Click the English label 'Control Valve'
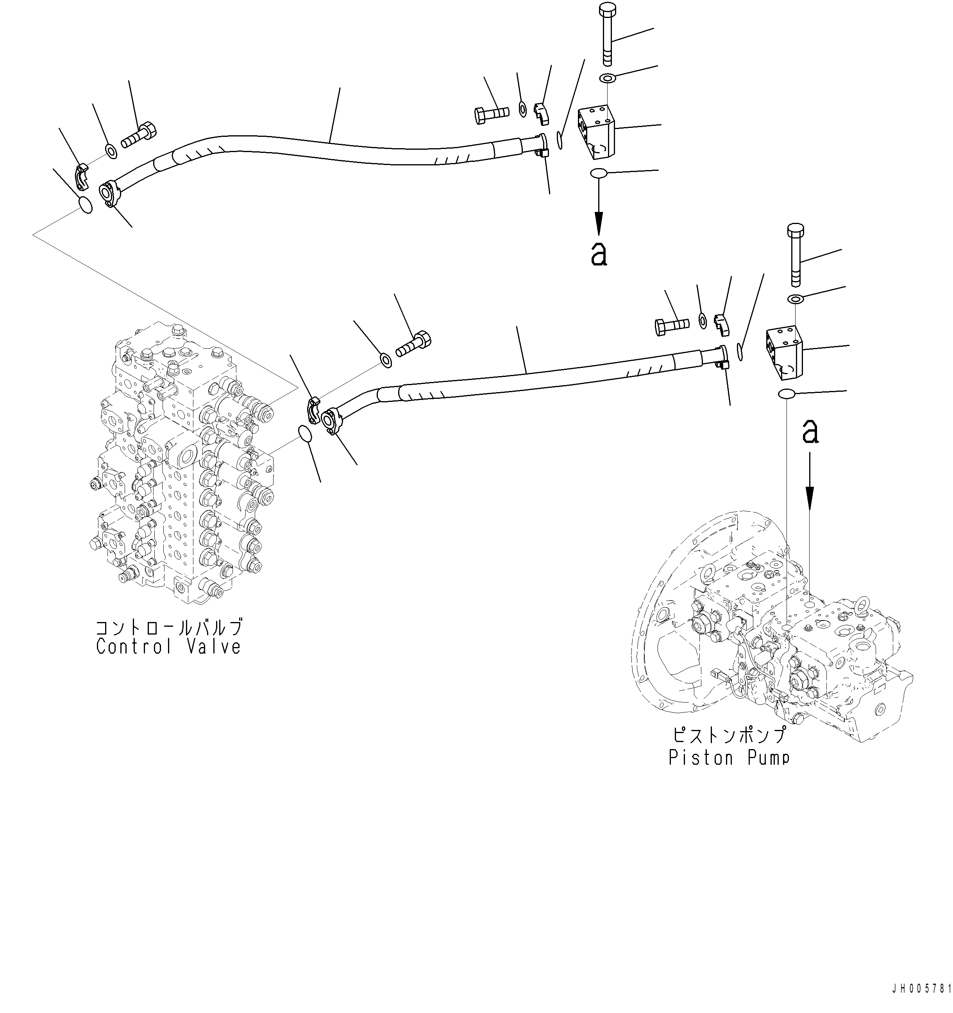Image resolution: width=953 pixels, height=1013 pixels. point(168,647)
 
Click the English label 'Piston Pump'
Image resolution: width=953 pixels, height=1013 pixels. point(729,758)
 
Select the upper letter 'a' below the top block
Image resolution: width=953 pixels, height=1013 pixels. point(599,254)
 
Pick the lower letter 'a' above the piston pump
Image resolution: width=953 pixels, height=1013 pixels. point(810,431)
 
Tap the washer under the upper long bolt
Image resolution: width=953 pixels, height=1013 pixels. point(607,79)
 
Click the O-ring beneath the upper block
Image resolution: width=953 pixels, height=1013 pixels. point(599,173)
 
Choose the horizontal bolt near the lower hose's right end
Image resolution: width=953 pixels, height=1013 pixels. point(672,325)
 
